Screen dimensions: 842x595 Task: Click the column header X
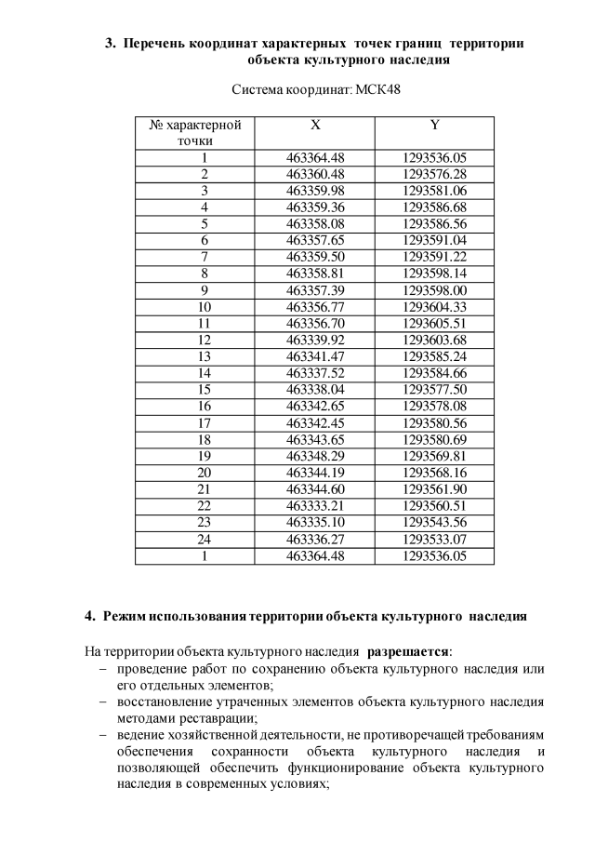pos(315,125)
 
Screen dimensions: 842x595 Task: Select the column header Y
pos(434,125)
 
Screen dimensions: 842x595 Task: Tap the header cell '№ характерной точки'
pos(195,132)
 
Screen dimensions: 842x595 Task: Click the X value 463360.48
pos(315,173)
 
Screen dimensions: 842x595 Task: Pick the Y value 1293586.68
pos(434,206)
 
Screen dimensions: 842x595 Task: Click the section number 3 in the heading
pos(108,44)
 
